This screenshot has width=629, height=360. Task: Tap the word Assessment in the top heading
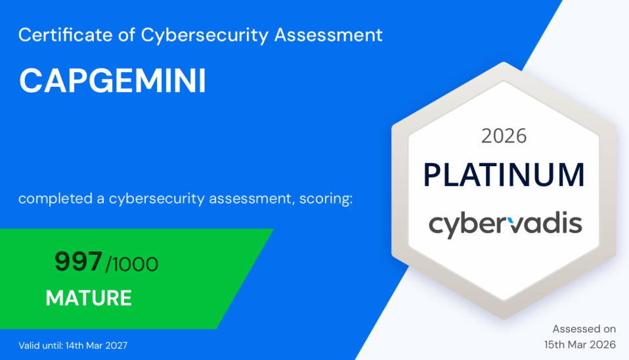(328, 35)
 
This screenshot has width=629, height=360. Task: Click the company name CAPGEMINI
(113, 81)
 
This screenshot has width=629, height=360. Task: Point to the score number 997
(78, 261)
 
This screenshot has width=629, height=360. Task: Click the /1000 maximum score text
(131, 265)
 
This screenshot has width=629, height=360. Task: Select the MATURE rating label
(89, 298)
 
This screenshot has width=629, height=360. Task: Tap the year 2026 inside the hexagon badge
(504, 136)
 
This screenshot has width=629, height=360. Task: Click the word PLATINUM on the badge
(504, 175)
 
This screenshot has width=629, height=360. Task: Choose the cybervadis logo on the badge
(506, 224)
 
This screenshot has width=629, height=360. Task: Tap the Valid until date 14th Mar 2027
(97, 346)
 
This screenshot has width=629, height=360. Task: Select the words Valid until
(40, 346)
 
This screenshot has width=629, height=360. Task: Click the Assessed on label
(584, 329)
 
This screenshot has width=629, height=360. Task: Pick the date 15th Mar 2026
(580, 345)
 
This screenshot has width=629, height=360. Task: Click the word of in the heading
(127, 35)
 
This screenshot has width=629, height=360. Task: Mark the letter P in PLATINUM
(431, 175)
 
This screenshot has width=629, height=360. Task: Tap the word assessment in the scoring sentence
(251, 199)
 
